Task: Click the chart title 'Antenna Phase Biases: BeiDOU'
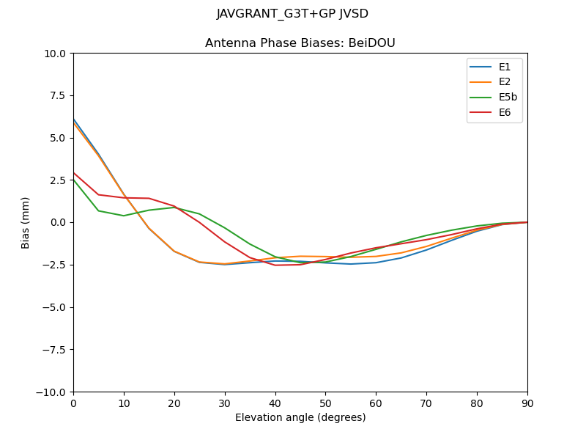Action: pos(300,43)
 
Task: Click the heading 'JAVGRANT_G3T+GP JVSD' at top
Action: pos(293,14)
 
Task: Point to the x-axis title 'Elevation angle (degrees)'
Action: pos(300,418)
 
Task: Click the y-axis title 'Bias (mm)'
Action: pos(26,222)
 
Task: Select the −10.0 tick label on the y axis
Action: pos(53,392)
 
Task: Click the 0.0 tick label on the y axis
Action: pos(59,222)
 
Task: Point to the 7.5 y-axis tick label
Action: pos(59,95)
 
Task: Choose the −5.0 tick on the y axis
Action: pos(56,307)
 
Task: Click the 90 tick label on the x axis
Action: pos(527,403)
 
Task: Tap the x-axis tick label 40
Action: pos(275,403)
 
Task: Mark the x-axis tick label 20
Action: pos(174,403)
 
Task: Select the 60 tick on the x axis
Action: pos(376,403)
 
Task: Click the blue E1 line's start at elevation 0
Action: pos(74,120)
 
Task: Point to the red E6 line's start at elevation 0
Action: pos(74,173)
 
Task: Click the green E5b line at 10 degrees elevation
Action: pos(124,216)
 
